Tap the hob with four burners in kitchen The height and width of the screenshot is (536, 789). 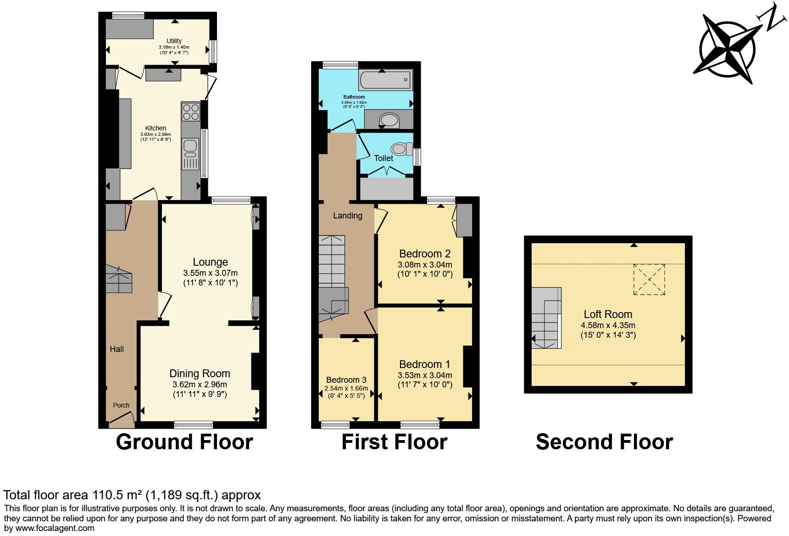(x=191, y=112)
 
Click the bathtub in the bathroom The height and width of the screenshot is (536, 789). (x=385, y=80)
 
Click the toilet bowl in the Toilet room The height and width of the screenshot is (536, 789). (x=399, y=148)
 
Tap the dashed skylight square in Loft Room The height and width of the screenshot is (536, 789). (x=649, y=279)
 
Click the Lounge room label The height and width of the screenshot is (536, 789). (x=210, y=262)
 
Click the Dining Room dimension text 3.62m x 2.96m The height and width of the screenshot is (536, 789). (x=200, y=385)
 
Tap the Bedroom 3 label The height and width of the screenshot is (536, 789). (x=346, y=380)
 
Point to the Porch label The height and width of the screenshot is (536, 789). (x=121, y=405)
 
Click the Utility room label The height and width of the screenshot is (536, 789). (x=174, y=41)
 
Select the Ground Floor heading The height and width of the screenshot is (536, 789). (x=184, y=441)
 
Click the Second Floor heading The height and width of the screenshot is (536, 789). (x=604, y=441)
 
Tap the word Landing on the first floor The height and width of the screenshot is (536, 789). (x=347, y=215)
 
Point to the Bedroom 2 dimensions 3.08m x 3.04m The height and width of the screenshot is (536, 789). (x=425, y=265)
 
